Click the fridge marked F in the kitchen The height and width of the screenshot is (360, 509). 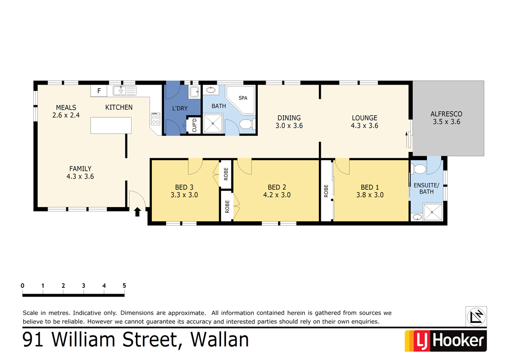click(x=99, y=90)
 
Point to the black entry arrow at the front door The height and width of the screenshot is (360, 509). click(x=137, y=211)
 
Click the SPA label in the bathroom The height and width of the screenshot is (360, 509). click(x=243, y=98)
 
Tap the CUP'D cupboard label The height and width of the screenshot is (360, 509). click(x=195, y=125)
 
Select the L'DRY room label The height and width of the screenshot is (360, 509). click(x=180, y=108)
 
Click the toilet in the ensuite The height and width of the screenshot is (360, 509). click(x=419, y=169)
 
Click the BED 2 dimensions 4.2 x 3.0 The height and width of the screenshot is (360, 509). click(x=277, y=195)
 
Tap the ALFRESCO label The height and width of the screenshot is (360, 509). click(x=446, y=114)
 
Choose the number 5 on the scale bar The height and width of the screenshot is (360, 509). click(x=124, y=286)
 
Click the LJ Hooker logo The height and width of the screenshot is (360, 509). click(x=445, y=341)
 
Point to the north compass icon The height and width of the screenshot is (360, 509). click(x=476, y=316)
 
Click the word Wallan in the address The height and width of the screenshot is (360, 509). click(x=220, y=340)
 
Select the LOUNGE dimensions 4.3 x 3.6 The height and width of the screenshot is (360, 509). click(x=364, y=125)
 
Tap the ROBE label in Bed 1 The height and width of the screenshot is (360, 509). click(x=327, y=191)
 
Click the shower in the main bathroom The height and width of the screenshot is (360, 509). click(x=213, y=124)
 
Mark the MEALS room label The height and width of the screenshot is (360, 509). click(x=66, y=107)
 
